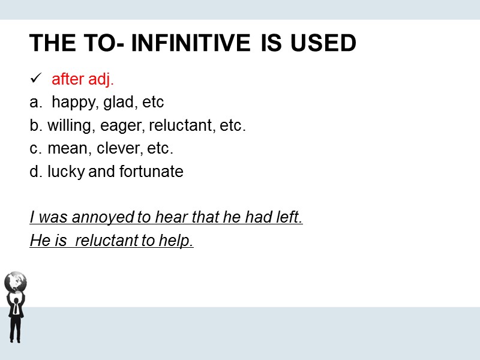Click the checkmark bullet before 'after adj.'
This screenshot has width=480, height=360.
pyautogui.click(x=35, y=79)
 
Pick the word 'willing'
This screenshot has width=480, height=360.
pyautogui.click(x=68, y=126)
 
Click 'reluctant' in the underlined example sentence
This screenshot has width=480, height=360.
pyautogui.click(x=105, y=241)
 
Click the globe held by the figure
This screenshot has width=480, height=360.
pyautogui.click(x=16, y=281)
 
